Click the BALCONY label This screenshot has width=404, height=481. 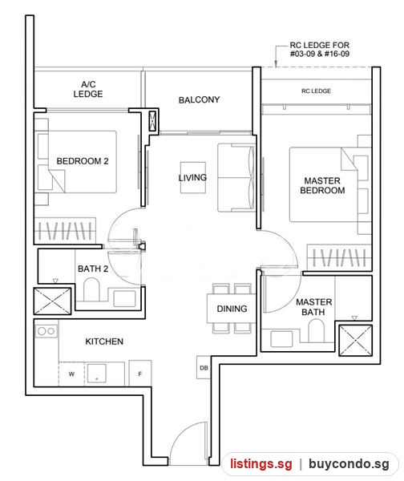tap(199, 99)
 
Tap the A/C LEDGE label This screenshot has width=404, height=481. tap(88, 89)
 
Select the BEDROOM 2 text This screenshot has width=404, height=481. tap(83, 161)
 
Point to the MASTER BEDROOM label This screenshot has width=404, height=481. tap(322, 185)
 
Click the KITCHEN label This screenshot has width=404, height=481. tap(104, 342)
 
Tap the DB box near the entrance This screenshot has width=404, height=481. tap(204, 367)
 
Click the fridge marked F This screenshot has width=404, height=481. tap(140, 373)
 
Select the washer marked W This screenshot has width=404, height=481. tap(71, 374)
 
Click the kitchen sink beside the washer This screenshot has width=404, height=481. tap(97, 373)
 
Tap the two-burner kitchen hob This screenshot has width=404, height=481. tap(46, 331)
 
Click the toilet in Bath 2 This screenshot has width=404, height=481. tap(91, 289)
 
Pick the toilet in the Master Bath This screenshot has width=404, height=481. tap(316, 330)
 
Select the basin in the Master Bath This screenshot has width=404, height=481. tap(281, 338)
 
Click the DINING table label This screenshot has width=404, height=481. tap(232, 309)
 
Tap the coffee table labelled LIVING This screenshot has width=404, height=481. tap(193, 178)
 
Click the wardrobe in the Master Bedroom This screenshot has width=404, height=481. tap(339, 257)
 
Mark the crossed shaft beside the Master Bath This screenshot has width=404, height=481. tap(355, 340)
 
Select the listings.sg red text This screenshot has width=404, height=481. tap(261, 464)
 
